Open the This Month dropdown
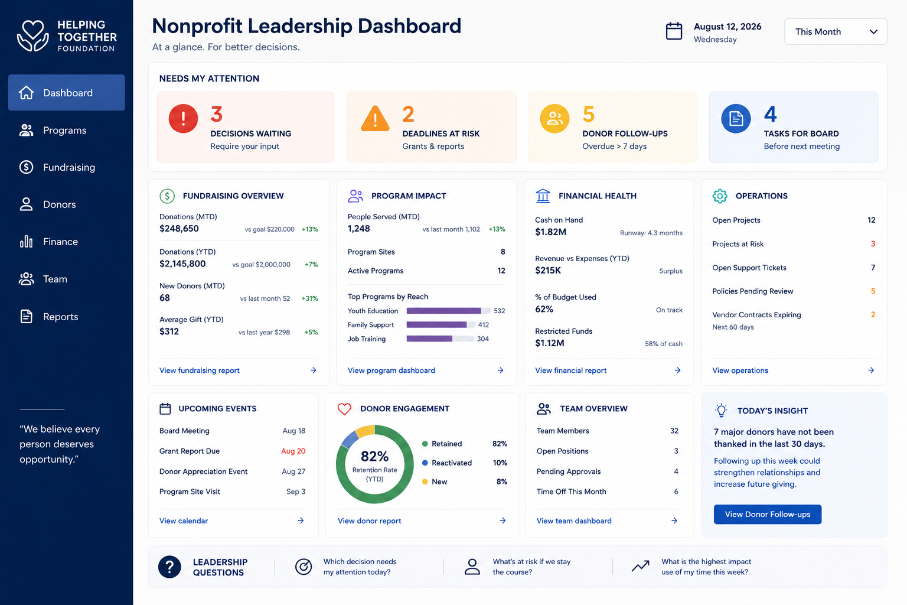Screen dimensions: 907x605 point(836,31)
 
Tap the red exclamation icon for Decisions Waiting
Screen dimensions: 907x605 point(183,118)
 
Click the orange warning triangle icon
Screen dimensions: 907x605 point(375,118)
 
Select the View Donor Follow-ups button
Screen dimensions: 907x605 point(767,514)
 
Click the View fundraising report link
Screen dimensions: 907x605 point(199,370)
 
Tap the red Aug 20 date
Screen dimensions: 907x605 point(293,451)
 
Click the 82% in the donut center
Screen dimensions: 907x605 point(374,456)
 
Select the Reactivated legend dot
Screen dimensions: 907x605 point(425,463)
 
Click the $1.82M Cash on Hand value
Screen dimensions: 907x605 point(550,232)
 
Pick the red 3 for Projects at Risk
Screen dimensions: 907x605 point(873,244)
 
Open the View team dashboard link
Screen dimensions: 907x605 point(574,521)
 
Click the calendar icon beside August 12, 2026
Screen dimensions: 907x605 point(674,31)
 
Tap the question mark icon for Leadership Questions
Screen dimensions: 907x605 point(169,567)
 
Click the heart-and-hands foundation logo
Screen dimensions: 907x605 point(33,35)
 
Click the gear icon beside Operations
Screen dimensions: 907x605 point(720,196)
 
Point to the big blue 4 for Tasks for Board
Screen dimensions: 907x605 point(770,114)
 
